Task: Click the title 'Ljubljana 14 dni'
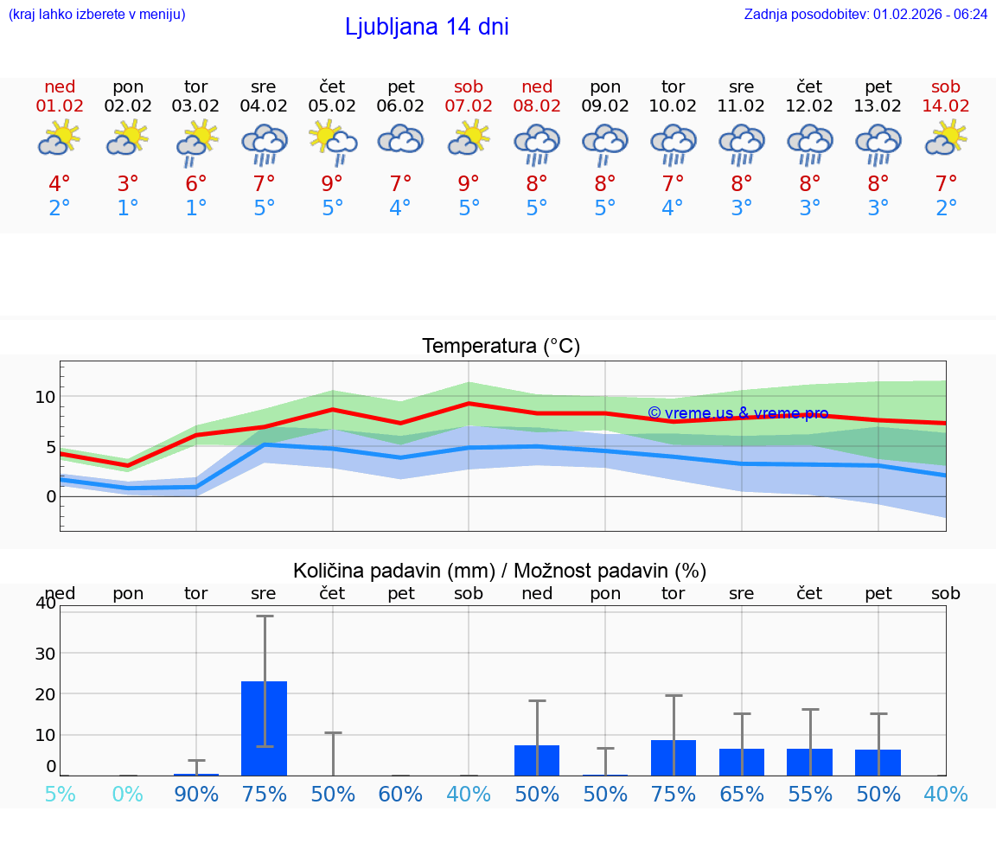(x=426, y=27)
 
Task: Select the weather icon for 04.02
(x=265, y=144)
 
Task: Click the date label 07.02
(x=469, y=106)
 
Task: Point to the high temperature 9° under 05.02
(x=332, y=184)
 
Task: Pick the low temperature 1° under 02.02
(x=128, y=208)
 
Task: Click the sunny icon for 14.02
(x=946, y=138)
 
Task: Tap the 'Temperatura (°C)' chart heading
(x=501, y=347)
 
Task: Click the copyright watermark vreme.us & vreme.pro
(x=737, y=413)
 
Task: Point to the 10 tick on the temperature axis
(x=45, y=397)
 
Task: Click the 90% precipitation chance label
(x=196, y=794)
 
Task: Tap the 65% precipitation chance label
(x=742, y=794)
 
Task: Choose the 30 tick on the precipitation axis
(x=45, y=653)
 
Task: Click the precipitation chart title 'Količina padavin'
(x=499, y=571)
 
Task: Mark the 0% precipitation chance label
(x=128, y=794)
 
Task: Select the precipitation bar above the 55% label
(x=810, y=762)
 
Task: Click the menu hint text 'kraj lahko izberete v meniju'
(x=96, y=14)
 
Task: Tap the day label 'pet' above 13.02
(x=878, y=86)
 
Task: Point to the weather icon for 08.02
(x=537, y=144)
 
